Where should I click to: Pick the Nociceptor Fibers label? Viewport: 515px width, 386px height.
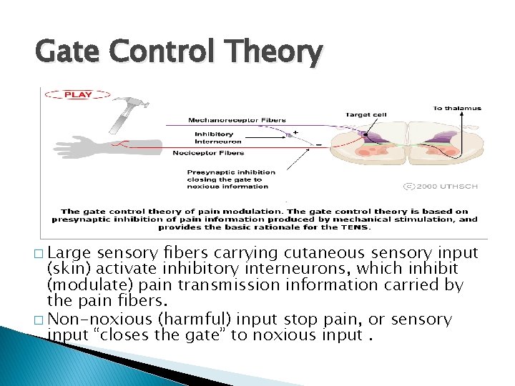pos(208,152)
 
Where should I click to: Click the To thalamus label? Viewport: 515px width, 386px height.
pos(457,109)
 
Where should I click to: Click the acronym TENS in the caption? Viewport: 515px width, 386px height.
pos(358,227)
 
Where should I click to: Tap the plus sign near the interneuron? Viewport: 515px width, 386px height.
pos(295,132)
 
